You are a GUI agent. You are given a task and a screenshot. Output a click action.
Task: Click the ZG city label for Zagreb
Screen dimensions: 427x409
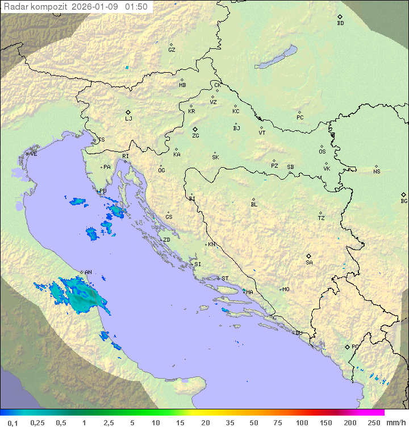pos(195,136)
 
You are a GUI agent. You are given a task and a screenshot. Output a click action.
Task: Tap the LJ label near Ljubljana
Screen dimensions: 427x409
pos(128,119)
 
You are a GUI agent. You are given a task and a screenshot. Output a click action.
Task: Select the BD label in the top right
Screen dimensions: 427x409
pos(340,23)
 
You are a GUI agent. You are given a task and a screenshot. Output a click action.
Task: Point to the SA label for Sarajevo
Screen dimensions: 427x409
pos(309,263)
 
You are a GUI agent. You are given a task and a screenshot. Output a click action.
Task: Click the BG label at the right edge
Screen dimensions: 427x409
pos(404,201)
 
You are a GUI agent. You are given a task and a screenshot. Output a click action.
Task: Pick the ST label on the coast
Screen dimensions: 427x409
pos(225,279)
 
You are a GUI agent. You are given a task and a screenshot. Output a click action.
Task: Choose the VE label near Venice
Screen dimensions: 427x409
pos(34,154)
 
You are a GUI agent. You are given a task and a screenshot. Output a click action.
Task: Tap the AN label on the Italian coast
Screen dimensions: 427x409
pos(88,272)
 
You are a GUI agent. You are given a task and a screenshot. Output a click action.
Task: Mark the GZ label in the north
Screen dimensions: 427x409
pos(172,50)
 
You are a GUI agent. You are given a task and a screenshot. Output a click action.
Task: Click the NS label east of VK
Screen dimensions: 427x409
pos(377,172)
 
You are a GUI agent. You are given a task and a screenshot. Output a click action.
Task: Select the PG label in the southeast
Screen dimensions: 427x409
pos(355,346)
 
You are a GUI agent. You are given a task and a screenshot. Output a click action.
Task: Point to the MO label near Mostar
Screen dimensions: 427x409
pos(286,289)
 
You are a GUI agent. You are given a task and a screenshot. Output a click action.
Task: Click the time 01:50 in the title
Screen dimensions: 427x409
pos(136,7)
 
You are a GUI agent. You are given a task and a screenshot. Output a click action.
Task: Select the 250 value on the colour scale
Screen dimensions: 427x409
pos(373,422)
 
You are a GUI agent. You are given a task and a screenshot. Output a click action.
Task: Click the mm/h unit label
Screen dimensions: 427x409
pos(397,422)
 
